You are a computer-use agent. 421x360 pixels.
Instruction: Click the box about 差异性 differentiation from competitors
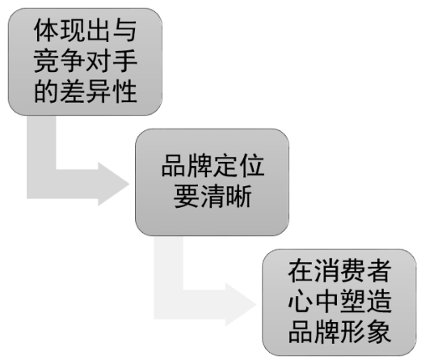[x=85, y=61]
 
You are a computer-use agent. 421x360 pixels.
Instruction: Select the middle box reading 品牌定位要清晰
[x=212, y=182]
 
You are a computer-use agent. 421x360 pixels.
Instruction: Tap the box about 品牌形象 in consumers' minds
[x=339, y=303]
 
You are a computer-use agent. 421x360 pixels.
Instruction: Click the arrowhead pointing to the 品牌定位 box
[x=114, y=184]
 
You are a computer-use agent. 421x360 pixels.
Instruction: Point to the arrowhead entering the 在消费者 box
[x=241, y=305]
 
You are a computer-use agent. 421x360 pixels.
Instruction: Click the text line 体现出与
[x=85, y=31]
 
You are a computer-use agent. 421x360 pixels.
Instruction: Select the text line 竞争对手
[x=85, y=61]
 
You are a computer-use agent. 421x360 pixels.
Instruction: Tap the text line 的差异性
[x=85, y=91]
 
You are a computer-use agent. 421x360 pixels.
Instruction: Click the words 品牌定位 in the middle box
[x=213, y=166]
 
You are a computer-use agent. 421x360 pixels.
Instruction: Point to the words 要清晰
[x=213, y=196]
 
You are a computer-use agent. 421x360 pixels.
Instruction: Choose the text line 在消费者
[x=339, y=271]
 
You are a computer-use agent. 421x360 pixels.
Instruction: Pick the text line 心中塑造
[x=339, y=301]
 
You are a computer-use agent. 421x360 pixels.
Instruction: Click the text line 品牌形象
[x=339, y=332]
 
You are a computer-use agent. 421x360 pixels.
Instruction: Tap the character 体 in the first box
[x=46, y=31]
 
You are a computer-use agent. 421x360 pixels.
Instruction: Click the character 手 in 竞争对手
[x=124, y=61]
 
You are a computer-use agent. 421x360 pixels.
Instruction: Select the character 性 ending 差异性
[x=124, y=91]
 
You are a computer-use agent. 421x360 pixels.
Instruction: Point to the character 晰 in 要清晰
[x=239, y=196]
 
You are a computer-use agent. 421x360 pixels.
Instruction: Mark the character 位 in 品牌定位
[x=252, y=166]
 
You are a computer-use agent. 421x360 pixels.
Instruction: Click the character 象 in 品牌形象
[x=379, y=332]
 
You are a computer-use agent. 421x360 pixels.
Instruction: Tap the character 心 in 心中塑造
[x=301, y=301]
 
